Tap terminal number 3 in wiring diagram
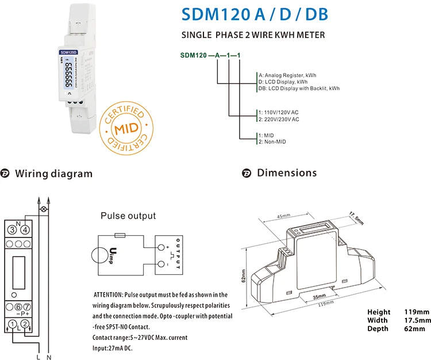tap(11, 230)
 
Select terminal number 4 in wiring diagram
tap(25, 230)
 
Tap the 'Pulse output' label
tap(128, 216)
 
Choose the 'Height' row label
tap(379, 312)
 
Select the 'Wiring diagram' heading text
tap(53, 174)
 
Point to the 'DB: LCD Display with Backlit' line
tap(299, 89)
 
